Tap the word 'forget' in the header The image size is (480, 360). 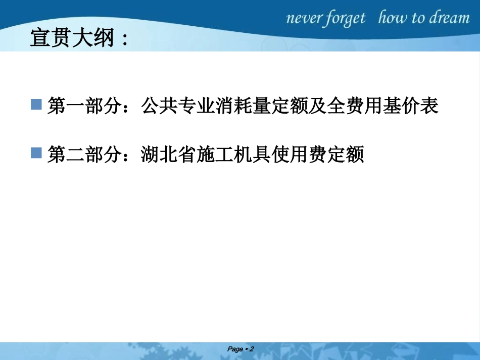346,19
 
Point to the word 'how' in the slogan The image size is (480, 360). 393,18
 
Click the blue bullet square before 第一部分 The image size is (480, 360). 36,106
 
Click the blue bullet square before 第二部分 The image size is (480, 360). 36,153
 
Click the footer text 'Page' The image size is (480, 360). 235,349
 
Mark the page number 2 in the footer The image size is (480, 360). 251,349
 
